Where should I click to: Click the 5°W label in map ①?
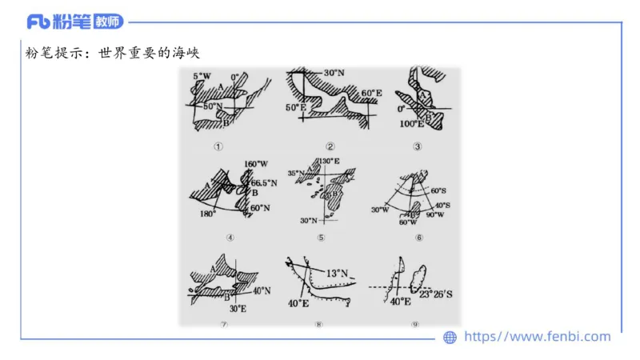pyautogui.click(x=202, y=76)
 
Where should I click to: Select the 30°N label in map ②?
pyautogui.click(x=334, y=74)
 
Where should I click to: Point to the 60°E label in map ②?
pyautogui.click(x=371, y=94)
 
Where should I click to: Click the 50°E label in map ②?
pyautogui.click(x=296, y=107)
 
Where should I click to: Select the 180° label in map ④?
pyautogui.click(x=206, y=215)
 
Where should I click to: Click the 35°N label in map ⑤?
pyautogui.click(x=297, y=172)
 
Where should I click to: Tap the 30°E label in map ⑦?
pyautogui.click(x=237, y=309)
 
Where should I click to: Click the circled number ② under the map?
pyautogui.click(x=330, y=146)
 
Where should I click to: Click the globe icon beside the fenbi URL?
pyautogui.click(x=450, y=338)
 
